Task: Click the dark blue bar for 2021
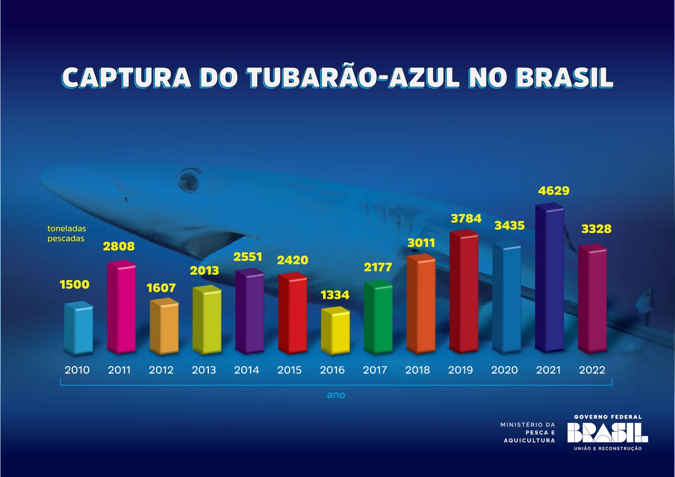coord(549,279)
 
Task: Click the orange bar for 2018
coord(420,305)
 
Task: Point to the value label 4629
coord(553,191)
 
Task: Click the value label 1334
coord(335,294)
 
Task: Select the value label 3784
coord(465,219)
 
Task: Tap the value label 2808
coord(120,247)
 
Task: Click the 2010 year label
coord(77,370)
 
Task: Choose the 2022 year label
coord(593,370)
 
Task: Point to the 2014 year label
coord(247,370)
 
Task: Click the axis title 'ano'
coord(336,395)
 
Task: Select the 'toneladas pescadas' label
coord(66,234)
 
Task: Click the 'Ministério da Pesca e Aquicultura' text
coord(527,432)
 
